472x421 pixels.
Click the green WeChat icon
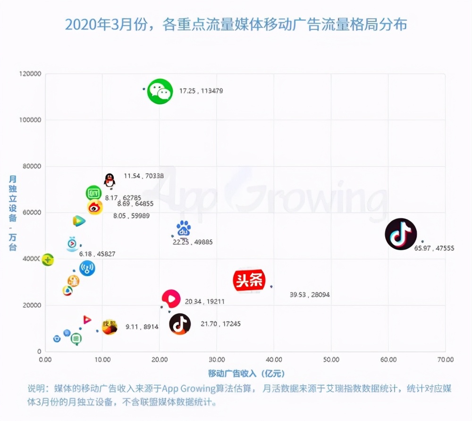[x=160, y=91]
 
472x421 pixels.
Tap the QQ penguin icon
[x=110, y=180]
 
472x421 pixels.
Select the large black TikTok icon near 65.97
[x=401, y=234]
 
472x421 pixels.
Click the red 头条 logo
[x=249, y=281]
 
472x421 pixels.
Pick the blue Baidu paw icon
[x=184, y=229]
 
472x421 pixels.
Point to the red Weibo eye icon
[x=95, y=207]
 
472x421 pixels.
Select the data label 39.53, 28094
[x=310, y=295]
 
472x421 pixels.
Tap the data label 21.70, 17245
[x=220, y=324]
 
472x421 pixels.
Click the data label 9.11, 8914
[x=142, y=327]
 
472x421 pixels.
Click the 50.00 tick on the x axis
[x=331, y=360]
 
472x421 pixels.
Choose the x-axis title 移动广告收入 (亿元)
[x=246, y=374]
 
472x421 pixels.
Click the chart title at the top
[x=236, y=25]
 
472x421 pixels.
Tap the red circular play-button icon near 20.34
[x=171, y=299]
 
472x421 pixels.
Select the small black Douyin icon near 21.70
[x=180, y=324]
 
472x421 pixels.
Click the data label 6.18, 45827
[x=97, y=254]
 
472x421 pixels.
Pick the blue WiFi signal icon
[x=87, y=269]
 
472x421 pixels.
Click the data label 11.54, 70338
[x=144, y=176]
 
